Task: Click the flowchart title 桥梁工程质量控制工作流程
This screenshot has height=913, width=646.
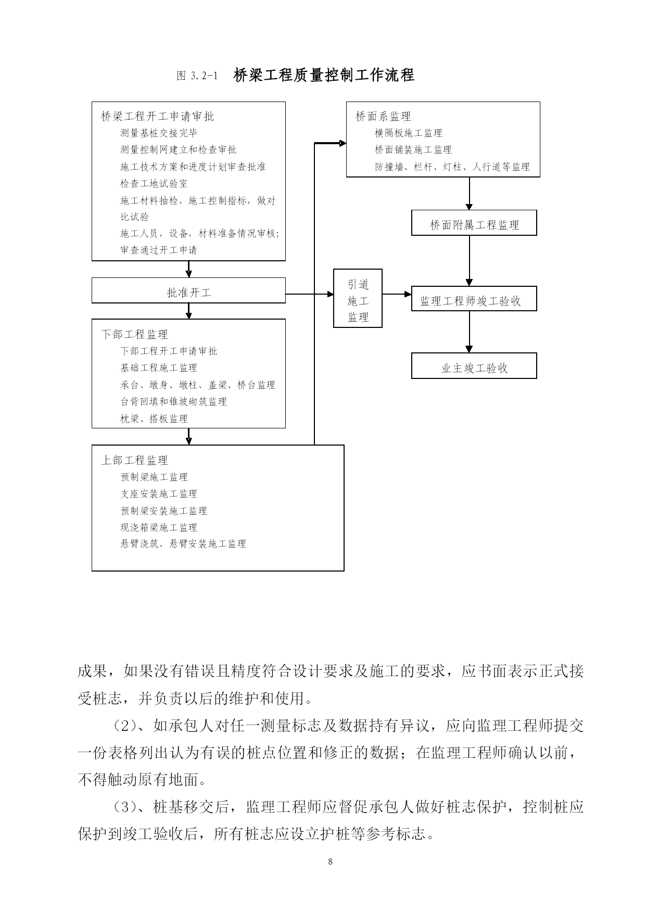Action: (324, 75)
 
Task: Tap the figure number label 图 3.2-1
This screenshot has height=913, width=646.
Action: (197, 76)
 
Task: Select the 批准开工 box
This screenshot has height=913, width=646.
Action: (188, 290)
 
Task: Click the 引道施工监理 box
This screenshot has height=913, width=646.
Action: (358, 298)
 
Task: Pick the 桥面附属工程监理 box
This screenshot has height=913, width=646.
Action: (474, 223)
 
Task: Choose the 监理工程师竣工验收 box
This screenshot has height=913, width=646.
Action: (474, 299)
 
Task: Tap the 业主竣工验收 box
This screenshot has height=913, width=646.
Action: (474, 366)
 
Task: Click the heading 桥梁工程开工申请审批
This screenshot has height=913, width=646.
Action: (157, 117)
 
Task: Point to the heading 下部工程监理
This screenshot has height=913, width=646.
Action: (134, 334)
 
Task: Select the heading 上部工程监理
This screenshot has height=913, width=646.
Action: (134, 460)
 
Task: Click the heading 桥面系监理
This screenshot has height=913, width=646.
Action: (383, 117)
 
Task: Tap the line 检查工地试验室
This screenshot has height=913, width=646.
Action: (154, 184)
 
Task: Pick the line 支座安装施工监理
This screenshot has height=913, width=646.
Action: (159, 493)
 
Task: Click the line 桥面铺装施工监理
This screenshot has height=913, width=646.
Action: (413, 150)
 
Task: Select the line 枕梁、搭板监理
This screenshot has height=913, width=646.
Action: (154, 419)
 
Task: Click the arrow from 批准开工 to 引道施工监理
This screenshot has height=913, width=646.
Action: (310, 294)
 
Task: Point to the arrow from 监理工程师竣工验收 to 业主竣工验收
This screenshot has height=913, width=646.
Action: (470, 332)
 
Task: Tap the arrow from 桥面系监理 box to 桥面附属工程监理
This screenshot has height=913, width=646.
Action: (470, 194)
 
